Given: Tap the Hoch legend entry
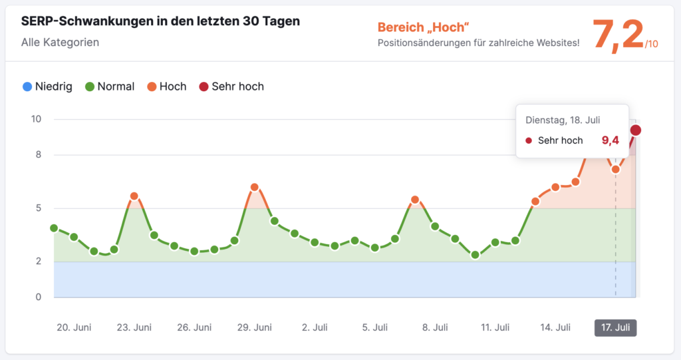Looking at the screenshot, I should (166, 87).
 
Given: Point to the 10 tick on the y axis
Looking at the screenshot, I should (36, 119).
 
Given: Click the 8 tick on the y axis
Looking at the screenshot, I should (38, 155).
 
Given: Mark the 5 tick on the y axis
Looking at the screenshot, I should (38, 208).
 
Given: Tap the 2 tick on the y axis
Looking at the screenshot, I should (38, 262).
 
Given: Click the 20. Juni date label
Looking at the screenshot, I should (74, 327).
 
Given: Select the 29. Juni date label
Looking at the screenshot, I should (255, 327).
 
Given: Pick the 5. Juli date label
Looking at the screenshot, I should (375, 327).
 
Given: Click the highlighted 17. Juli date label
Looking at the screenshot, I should (615, 327).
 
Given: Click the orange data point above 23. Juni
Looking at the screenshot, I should (134, 196).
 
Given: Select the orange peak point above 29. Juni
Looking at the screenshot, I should (255, 188).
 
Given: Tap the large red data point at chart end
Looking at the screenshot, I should (636, 130).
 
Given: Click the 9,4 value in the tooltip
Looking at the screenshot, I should (610, 140).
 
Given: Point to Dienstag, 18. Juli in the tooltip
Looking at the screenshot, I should (563, 120).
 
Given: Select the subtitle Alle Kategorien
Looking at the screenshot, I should (61, 43).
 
